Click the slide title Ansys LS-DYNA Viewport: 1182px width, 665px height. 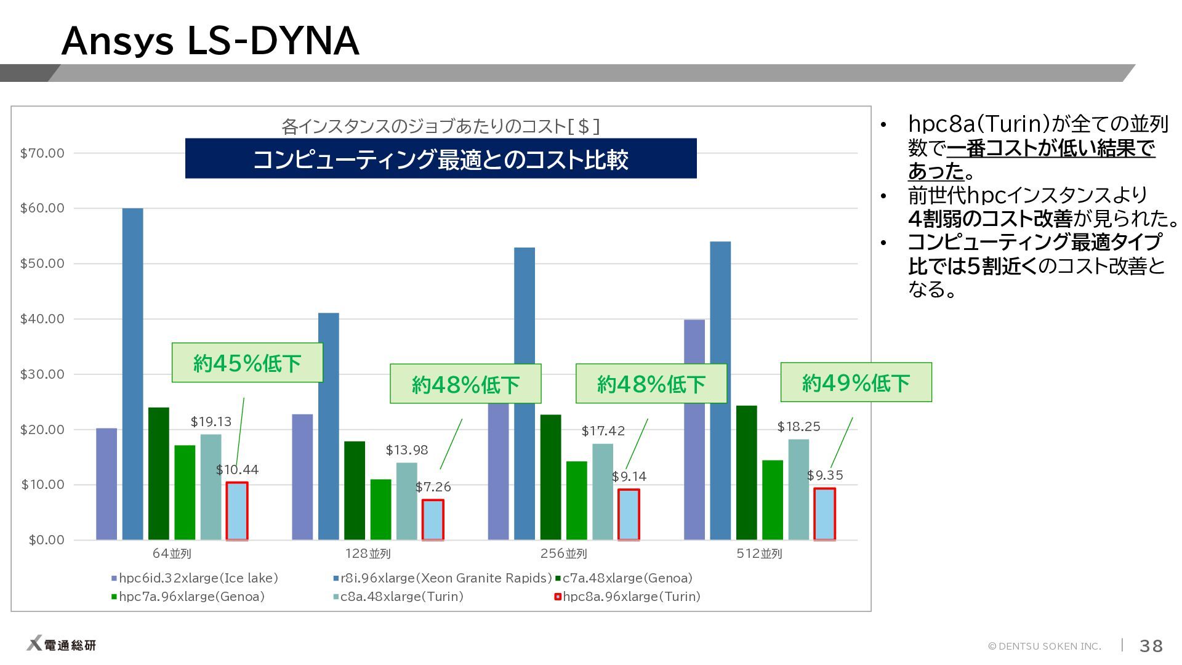[x=210, y=41]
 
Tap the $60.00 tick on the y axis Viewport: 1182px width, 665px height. [x=42, y=208]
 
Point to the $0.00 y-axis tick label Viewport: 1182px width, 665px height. [x=46, y=540]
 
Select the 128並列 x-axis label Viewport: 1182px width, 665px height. [x=368, y=554]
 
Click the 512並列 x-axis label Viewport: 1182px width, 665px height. [x=759, y=554]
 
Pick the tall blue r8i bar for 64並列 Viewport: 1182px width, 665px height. [x=132, y=374]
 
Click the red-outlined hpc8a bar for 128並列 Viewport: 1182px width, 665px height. [x=433, y=520]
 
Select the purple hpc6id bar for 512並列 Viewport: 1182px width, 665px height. [x=694, y=430]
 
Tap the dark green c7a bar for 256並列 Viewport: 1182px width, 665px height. [x=551, y=477]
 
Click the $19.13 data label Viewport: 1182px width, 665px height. [x=211, y=422]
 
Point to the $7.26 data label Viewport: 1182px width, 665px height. [x=433, y=487]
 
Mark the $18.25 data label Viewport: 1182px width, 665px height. [x=798, y=427]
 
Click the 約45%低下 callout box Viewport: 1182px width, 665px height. [x=247, y=363]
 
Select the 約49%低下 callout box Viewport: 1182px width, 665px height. [x=856, y=382]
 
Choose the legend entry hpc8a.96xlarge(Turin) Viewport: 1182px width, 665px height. [x=627, y=596]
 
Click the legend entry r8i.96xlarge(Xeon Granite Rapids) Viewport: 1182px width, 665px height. [x=442, y=578]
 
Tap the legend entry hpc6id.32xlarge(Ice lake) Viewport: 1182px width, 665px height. [x=195, y=578]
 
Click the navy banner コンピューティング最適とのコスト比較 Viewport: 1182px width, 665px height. [x=441, y=159]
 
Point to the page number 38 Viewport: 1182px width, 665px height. [x=1151, y=646]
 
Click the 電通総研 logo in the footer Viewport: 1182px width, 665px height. [x=61, y=645]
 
